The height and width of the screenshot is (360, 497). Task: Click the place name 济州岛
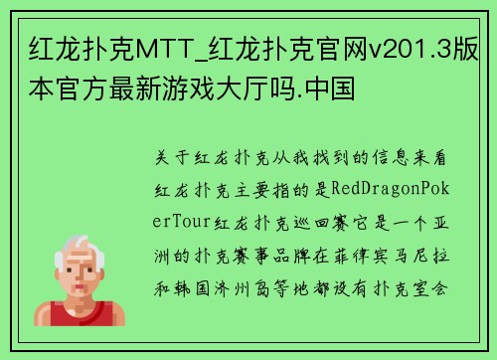pyautogui.click(x=269, y=284)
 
